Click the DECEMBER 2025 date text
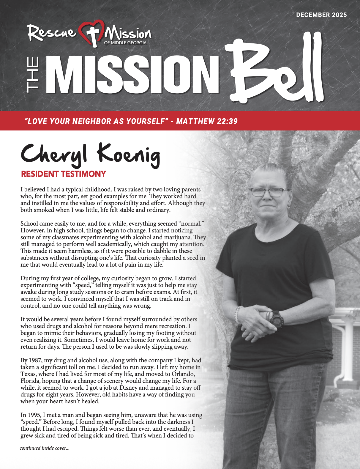(x=321, y=15)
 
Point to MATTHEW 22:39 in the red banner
(x=207, y=121)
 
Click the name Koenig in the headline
(x=128, y=154)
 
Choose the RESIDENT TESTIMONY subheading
(x=63, y=174)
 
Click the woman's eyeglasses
(x=267, y=192)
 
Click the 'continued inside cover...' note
(x=45, y=448)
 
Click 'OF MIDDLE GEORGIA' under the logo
(x=125, y=43)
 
